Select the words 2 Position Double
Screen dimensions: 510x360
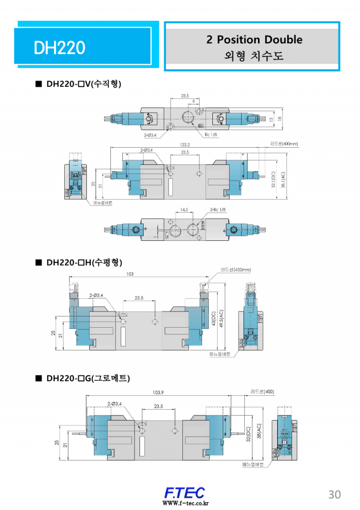[x=254, y=40]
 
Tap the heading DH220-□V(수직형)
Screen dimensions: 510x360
[x=84, y=84]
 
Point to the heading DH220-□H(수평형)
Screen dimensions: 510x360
[x=84, y=262]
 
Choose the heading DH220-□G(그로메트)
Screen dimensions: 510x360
[x=88, y=379]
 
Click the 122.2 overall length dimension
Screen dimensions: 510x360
[x=185, y=145]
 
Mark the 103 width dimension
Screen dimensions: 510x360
[x=130, y=274]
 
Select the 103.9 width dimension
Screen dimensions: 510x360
[x=158, y=393]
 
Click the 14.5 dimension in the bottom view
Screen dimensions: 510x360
[x=184, y=210]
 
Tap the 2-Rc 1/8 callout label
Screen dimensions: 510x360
[x=219, y=210]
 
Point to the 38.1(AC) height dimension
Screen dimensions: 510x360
[x=283, y=181]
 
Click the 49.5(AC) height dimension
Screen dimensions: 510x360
[x=221, y=319]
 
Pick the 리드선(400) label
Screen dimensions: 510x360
[x=262, y=392]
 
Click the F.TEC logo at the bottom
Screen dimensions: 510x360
[x=184, y=492]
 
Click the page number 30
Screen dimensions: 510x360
[x=334, y=494]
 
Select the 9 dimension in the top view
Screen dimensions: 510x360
[x=193, y=102]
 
